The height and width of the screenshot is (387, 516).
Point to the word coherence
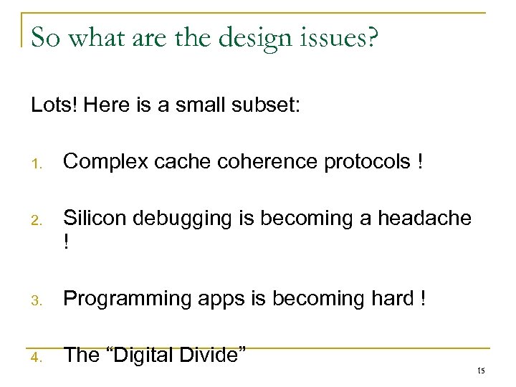tap(272, 163)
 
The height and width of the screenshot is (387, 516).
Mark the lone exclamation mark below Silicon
tap(67, 243)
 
